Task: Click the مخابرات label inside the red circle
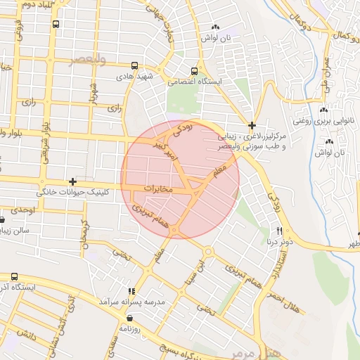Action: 158,189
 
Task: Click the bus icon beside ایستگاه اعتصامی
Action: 195,71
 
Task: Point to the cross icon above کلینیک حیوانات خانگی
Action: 72,181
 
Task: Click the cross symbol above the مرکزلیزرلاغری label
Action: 252,124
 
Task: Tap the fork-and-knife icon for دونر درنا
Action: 279,231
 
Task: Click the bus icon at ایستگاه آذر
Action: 14,277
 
